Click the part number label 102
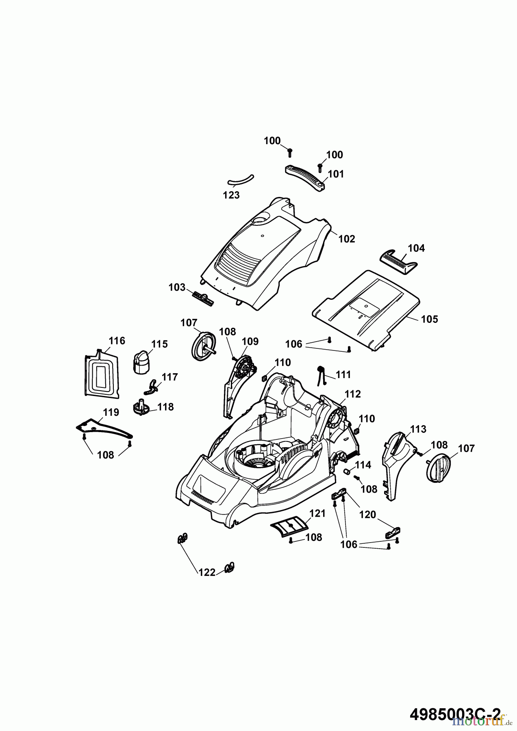[x=347, y=239]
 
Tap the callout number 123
[x=231, y=195]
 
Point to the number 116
[x=117, y=341]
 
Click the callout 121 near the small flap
[x=317, y=513]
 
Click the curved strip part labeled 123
[x=240, y=180]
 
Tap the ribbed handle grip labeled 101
[x=307, y=177]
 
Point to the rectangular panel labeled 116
[x=101, y=374]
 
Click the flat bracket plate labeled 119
[x=104, y=428]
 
